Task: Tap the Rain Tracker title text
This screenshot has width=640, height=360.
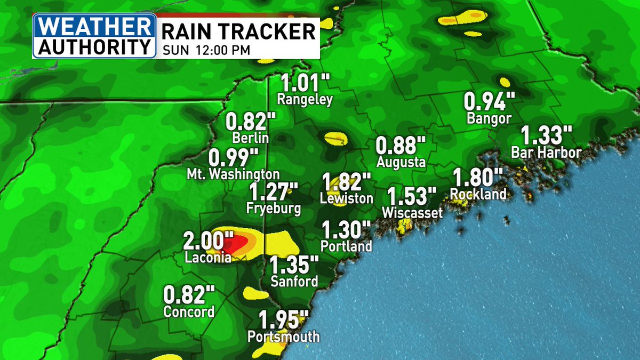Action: pos(238,31)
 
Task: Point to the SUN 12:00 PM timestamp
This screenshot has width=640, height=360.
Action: pos(203,51)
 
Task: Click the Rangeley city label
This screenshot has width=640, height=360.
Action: pos(305,99)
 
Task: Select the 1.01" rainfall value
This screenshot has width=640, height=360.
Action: pos(306,83)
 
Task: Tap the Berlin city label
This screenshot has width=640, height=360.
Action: pos(250,138)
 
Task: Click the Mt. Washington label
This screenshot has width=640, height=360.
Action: pos(233,174)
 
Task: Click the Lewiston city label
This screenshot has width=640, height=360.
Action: pos(346,198)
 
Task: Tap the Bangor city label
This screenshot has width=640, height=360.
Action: pos(489,118)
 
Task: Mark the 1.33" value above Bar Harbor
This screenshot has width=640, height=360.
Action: pos(546,134)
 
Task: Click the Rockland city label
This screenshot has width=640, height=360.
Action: pos(478,194)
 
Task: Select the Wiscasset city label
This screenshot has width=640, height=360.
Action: pos(412,213)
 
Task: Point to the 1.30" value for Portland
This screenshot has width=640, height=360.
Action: pos(346,230)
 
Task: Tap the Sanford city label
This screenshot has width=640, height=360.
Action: pos(294,281)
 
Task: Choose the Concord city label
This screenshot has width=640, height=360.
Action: pos(189,311)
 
